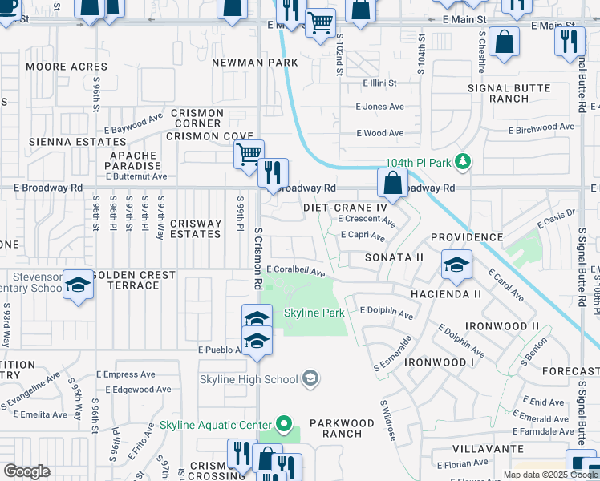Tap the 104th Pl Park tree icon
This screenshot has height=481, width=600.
click(462, 163)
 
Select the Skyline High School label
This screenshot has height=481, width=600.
click(249, 378)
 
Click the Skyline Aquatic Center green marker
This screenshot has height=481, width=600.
click(282, 424)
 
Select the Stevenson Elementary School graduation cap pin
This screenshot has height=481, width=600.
click(78, 286)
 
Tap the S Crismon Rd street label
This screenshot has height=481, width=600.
click(258, 258)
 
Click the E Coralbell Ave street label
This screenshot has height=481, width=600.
click(296, 272)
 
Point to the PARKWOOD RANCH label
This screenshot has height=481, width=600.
click(342, 428)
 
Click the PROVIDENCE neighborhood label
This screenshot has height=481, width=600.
click(467, 238)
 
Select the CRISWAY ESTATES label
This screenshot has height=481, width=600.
click(196, 229)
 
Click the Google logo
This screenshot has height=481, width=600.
click(26, 471)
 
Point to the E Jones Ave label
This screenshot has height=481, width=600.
click(379, 107)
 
